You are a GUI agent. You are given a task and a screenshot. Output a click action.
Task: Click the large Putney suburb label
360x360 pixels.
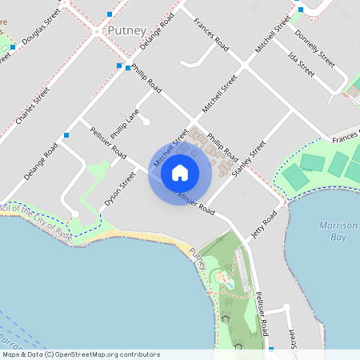coord(125,31)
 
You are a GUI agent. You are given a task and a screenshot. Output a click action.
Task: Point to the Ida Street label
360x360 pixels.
coord(302,62)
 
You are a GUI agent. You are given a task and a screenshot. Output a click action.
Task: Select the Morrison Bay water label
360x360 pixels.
coord(338,232)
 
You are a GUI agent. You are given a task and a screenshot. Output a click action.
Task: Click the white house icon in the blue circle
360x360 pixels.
coord(180,172)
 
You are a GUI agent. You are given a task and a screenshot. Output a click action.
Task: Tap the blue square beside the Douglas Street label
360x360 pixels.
coord(14,47)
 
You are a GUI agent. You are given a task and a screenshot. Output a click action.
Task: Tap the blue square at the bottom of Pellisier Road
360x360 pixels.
coord(271,350)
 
